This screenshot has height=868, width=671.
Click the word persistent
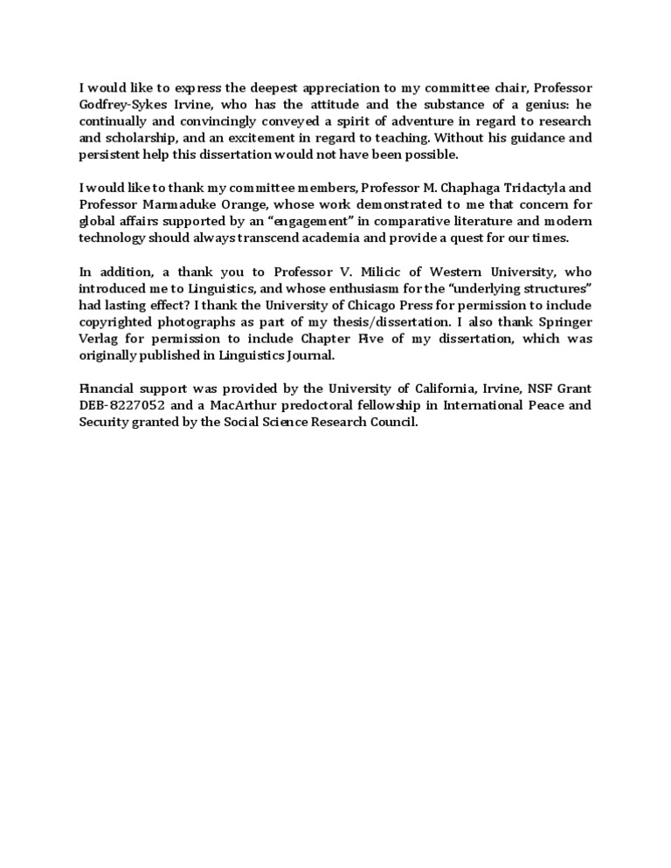click(110, 154)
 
